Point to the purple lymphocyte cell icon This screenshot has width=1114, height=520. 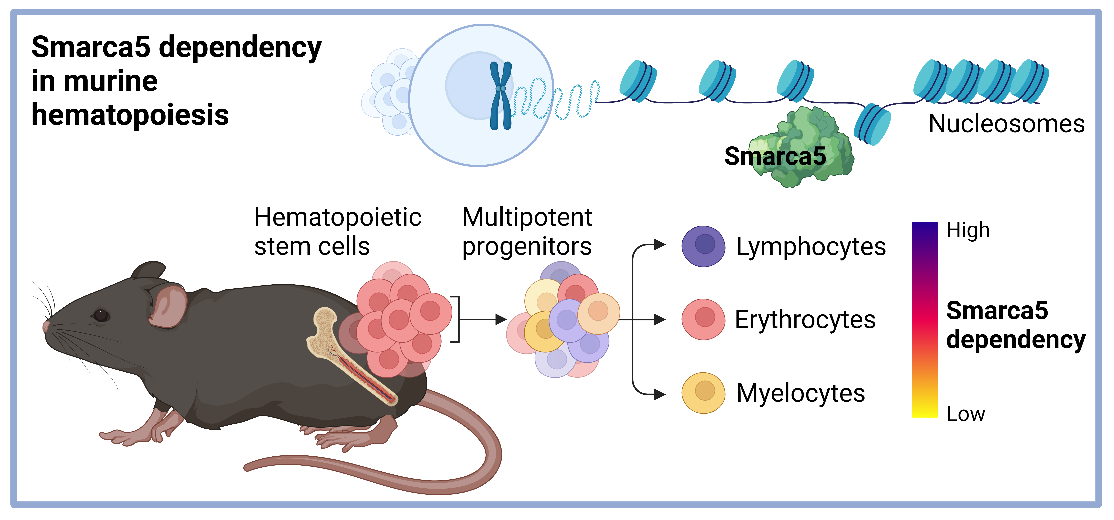[703, 246]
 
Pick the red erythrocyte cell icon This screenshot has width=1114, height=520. [703, 319]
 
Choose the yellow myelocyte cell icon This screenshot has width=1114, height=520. [703, 393]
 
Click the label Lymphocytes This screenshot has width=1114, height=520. [811, 247]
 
